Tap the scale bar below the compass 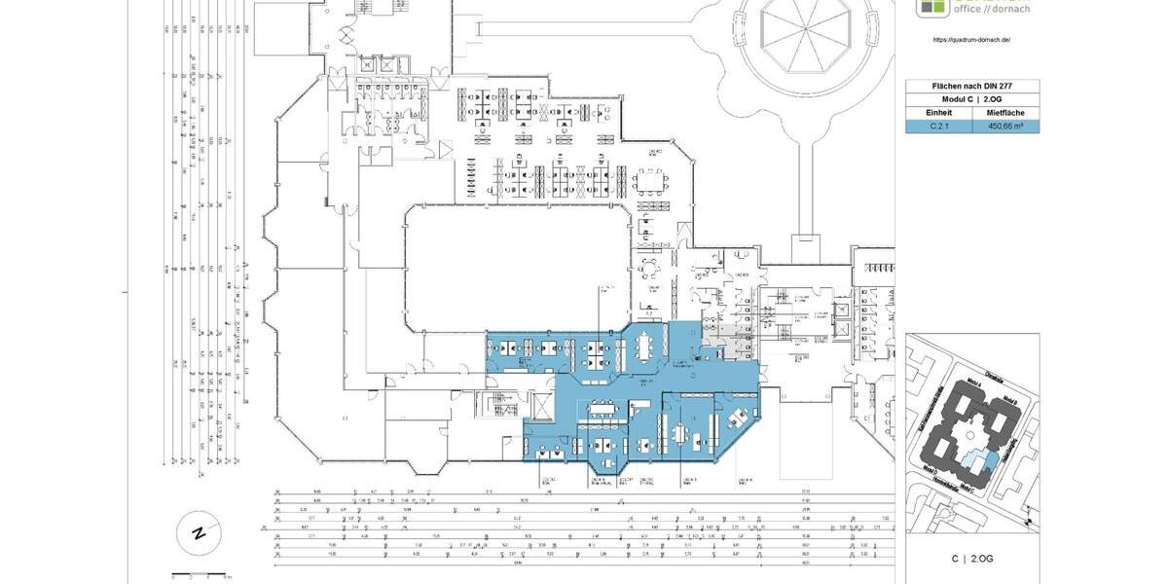pos(199,576)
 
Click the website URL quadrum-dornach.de pos(970,40)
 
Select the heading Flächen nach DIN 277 pos(972,86)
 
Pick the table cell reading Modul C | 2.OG pos(972,99)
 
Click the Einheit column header pos(938,113)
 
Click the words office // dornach pos(986,9)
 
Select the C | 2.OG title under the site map pos(971,559)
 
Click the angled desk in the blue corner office pos(734,420)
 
